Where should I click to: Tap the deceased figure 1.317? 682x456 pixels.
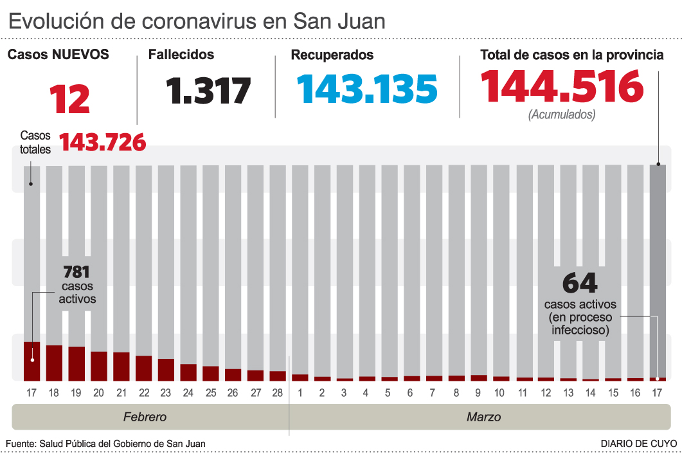[208, 91]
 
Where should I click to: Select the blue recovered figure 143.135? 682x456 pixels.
[366, 89]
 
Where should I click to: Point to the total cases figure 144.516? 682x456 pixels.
[562, 87]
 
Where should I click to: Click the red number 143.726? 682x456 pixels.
[103, 143]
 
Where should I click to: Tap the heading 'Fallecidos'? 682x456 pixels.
[181, 55]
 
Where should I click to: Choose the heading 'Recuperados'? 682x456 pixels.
[332, 55]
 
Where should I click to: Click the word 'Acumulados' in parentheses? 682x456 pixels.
[562, 115]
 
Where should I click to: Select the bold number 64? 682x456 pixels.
[580, 283]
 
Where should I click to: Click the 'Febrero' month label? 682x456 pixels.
[145, 417]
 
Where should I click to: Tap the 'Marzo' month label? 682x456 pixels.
[483, 417]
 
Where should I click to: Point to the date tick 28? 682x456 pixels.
[277, 392]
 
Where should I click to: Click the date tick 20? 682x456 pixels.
[98, 392]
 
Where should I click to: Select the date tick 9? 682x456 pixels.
[478, 392]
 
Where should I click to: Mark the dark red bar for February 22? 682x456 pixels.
[143, 368]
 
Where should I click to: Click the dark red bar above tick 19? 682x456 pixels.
[76, 363]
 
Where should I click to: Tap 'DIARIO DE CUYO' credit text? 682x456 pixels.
[638, 444]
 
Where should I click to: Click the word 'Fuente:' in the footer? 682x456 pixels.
[21, 444]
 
